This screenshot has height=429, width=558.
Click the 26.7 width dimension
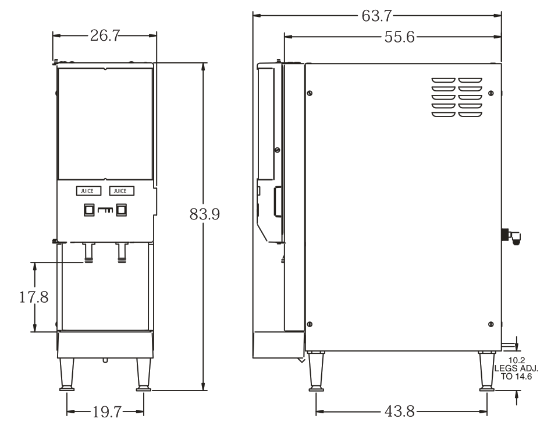[x=105, y=36]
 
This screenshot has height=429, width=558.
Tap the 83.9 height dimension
[x=205, y=214]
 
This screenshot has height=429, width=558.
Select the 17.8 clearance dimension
[x=34, y=297]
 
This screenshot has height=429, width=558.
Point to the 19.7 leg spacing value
[x=107, y=412]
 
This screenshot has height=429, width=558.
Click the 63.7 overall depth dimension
[x=376, y=16]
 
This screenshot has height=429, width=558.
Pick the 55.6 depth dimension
[x=400, y=37]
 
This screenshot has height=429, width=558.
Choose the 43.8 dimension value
[x=400, y=412]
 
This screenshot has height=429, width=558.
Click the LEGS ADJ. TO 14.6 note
[x=516, y=373]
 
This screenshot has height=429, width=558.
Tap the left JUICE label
[x=88, y=191]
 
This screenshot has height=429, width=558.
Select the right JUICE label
[x=122, y=191]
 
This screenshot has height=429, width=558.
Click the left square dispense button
[x=90, y=210]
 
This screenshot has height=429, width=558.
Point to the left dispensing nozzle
[x=88, y=253]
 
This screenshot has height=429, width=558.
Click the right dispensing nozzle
[x=122, y=253]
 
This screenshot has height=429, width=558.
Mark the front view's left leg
[x=67, y=374]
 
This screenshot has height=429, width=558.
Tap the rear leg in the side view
[x=487, y=371]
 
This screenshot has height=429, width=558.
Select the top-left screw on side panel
[x=310, y=93]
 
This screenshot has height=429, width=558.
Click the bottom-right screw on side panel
[x=491, y=324]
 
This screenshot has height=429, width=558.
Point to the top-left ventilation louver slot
[x=443, y=80]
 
